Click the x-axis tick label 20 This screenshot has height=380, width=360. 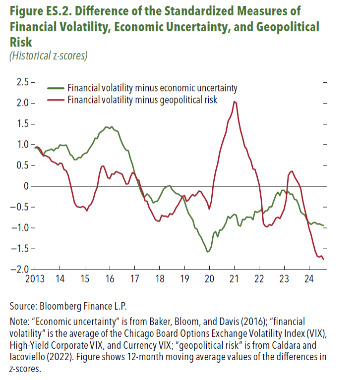click(x=209, y=278)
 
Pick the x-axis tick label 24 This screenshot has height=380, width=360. click(x=308, y=278)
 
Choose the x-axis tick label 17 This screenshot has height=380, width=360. click(x=134, y=278)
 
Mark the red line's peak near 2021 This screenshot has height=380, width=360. click(x=234, y=102)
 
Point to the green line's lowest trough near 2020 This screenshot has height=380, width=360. click(x=207, y=252)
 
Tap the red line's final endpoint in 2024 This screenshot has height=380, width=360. click(x=323, y=259)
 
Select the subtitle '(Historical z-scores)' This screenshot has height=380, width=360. click(x=48, y=55)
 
